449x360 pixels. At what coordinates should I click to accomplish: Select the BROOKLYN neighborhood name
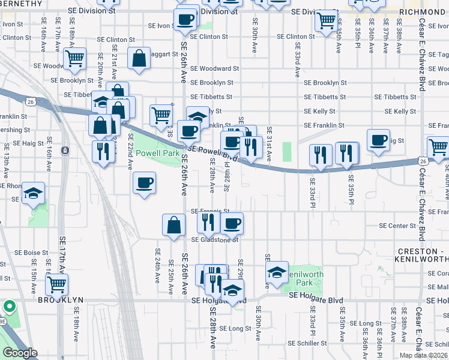[60, 299]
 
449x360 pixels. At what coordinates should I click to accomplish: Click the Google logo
[20, 353]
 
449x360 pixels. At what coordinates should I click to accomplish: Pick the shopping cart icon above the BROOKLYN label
[56, 284]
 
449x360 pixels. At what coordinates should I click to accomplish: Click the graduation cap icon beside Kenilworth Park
[277, 272]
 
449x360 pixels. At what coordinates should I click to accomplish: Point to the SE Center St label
[397, 226]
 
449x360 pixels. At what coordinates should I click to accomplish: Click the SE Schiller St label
[307, 344]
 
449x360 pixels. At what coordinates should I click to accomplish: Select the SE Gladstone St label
[215, 240]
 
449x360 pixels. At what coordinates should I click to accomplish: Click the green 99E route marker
[9, 307]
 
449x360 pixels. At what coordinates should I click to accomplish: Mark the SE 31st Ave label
[270, 144]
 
